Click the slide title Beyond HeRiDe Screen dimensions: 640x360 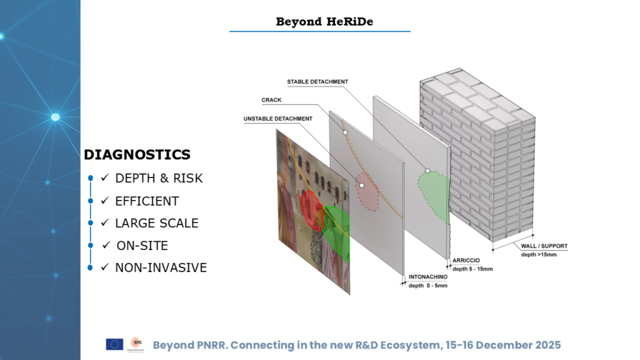(324, 22)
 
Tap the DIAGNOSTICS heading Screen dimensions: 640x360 (137, 155)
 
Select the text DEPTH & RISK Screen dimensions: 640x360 (159, 178)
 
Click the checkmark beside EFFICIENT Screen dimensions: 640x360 (105, 201)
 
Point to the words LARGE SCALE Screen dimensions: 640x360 (157, 223)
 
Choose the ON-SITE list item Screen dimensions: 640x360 (142, 246)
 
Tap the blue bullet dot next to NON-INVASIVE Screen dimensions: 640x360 (90, 267)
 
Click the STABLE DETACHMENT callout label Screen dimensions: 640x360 (317, 82)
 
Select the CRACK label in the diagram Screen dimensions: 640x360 (271, 100)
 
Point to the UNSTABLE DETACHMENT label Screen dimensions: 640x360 (278, 119)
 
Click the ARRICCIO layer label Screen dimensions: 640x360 (466, 261)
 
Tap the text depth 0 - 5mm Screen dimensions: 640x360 (427, 286)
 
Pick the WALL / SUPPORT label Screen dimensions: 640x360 (544, 246)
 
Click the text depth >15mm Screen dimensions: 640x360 (539, 255)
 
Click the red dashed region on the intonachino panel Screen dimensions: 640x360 (367, 192)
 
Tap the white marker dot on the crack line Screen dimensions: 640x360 (345, 132)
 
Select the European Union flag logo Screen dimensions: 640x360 (114, 344)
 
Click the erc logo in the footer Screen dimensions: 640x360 (136, 344)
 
